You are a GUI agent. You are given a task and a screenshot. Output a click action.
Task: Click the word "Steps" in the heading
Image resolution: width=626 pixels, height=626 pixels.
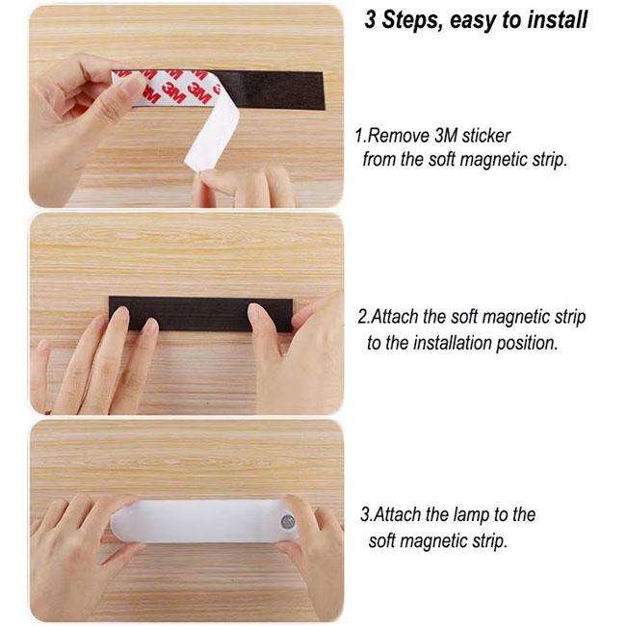click(x=411, y=20)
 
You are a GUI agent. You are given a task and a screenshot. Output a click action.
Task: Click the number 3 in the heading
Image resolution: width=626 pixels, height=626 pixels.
click(x=370, y=19)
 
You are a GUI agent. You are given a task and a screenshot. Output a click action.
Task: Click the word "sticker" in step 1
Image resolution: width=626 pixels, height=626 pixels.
click(x=485, y=136)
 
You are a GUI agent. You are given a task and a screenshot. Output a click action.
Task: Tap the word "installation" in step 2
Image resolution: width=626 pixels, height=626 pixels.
click(x=452, y=343)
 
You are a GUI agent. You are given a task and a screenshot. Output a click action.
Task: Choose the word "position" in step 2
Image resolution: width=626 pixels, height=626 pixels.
click(x=527, y=344)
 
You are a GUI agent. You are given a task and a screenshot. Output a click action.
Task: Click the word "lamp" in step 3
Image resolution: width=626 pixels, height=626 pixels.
click(x=471, y=514)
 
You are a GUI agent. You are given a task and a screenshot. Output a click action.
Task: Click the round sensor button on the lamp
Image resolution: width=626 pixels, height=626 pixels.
click(x=288, y=521)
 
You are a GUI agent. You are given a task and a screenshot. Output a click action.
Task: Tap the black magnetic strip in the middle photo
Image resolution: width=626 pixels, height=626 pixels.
click(x=200, y=314)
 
